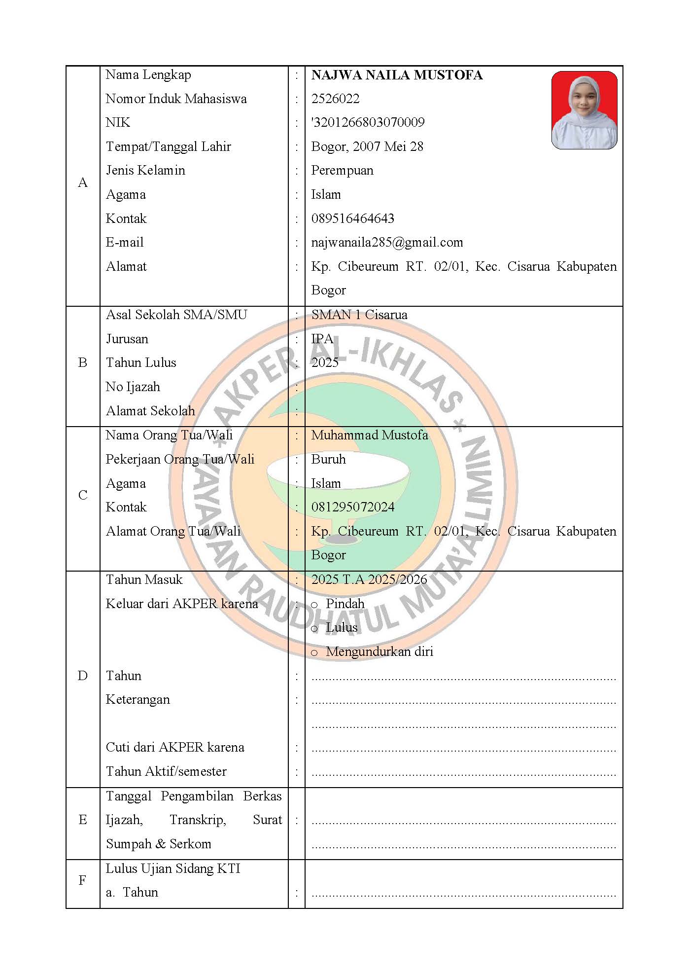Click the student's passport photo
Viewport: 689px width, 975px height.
point(584,110)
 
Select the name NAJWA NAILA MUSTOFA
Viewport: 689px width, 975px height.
point(397,75)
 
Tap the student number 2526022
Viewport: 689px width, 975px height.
point(335,99)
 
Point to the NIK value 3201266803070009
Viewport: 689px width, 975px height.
point(368,122)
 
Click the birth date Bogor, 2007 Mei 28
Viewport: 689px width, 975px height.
point(367,146)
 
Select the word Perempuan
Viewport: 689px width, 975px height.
point(342,171)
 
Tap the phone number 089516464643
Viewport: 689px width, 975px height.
point(352,218)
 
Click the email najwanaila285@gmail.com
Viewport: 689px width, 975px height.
point(387,243)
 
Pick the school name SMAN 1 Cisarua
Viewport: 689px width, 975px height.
point(359,315)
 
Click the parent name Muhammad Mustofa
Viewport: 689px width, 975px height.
point(370,435)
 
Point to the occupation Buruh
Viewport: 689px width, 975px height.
point(328,459)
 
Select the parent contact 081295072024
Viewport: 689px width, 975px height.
point(353,507)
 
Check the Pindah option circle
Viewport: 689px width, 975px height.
point(314,605)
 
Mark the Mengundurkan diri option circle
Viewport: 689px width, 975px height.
point(314,653)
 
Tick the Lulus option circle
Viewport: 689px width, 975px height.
point(314,629)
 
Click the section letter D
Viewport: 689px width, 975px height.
point(83,676)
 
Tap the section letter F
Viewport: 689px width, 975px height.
point(83,880)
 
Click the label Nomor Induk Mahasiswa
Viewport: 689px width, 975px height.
point(176,99)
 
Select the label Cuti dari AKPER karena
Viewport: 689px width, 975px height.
point(175,747)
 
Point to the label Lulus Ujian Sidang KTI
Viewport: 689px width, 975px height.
point(173,868)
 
